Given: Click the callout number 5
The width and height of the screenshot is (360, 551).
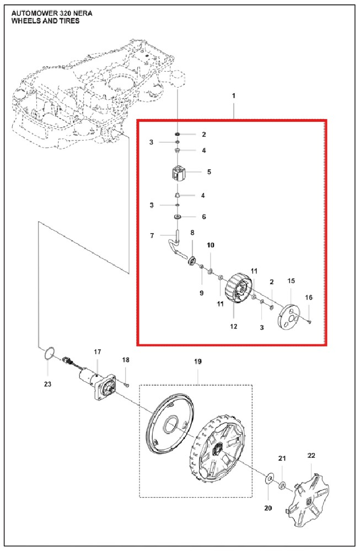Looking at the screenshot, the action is click(x=209, y=172).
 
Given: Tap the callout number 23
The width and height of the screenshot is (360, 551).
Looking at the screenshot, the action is click(x=47, y=384).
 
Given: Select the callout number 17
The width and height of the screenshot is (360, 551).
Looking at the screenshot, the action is click(x=98, y=352).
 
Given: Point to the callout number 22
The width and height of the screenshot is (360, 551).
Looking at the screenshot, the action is click(x=311, y=456).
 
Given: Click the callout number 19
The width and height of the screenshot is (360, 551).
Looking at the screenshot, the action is click(x=198, y=361).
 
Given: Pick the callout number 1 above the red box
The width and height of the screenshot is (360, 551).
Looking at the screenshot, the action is click(x=234, y=95).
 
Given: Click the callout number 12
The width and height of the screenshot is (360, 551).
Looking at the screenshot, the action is click(x=234, y=326).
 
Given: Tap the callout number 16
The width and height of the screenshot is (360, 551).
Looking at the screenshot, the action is click(x=309, y=298).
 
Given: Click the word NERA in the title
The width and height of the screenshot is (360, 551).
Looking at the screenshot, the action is click(x=83, y=13).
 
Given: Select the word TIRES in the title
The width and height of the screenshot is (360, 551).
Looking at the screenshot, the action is click(x=71, y=21).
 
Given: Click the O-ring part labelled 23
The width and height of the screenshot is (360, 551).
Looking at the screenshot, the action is click(x=50, y=353).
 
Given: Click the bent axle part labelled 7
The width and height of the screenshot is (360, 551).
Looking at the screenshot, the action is click(x=175, y=246).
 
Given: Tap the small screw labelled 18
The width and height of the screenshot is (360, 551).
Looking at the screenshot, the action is click(x=127, y=386).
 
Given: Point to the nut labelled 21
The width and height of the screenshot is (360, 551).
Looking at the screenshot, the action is click(x=282, y=486).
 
